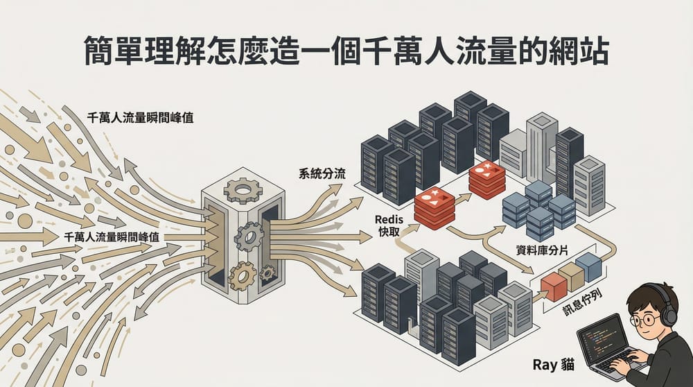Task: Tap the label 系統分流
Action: click(322, 173)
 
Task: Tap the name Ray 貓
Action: click(551, 363)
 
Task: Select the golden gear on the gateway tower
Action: click(243, 277)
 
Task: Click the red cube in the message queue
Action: click(554, 286)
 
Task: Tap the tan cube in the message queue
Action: click(572, 277)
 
